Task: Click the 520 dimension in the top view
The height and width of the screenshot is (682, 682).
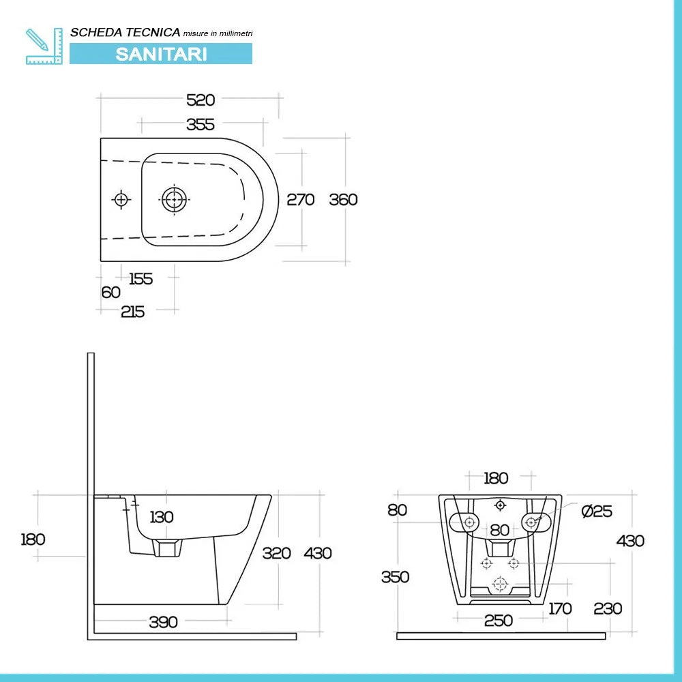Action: point(201,100)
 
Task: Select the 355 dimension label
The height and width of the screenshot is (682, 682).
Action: point(201,124)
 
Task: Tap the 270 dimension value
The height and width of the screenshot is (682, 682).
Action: point(300,200)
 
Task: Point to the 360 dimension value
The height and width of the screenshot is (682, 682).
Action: point(343,200)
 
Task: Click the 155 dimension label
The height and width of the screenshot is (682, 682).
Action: point(140,278)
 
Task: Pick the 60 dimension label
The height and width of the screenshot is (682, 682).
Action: point(110,293)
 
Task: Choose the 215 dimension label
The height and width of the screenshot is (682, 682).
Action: point(132,312)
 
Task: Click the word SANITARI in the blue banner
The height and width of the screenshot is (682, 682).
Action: point(161,54)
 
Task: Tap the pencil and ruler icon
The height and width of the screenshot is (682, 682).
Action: point(44,46)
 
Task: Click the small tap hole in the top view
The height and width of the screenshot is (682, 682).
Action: point(121,199)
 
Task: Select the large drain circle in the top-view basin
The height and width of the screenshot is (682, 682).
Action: point(173,200)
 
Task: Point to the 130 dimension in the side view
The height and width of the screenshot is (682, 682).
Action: point(161,517)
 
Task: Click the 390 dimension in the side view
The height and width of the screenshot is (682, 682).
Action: point(163,621)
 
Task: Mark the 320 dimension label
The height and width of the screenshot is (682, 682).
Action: point(276,553)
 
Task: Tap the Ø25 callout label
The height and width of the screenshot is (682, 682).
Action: point(597,512)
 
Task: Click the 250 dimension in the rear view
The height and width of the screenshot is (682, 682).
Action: point(499,620)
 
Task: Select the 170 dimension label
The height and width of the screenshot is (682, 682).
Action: point(560,608)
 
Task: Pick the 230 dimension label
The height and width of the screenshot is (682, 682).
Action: point(607,608)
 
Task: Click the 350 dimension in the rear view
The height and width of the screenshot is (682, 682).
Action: point(395,577)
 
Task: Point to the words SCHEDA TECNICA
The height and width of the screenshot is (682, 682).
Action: point(125,32)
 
